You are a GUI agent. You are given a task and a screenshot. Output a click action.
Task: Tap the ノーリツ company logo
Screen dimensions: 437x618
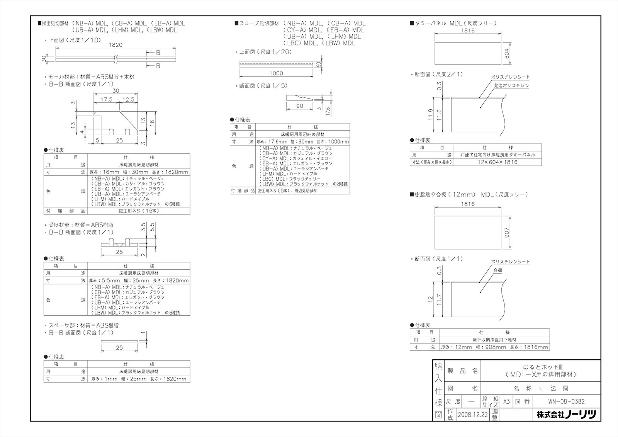click(x=566, y=415)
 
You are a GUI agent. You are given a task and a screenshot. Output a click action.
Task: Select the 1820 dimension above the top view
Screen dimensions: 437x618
click(x=115, y=45)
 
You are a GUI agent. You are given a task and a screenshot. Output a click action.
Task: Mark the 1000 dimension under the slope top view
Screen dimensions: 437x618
click(x=276, y=73)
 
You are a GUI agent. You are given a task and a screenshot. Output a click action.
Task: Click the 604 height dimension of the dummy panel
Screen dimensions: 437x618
click(x=507, y=53)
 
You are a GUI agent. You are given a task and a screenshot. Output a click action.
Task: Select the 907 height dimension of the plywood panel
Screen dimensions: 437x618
click(x=507, y=232)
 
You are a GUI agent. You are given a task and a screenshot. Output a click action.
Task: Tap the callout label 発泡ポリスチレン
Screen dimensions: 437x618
click(x=511, y=85)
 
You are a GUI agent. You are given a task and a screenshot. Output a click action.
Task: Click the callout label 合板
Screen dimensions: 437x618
click(x=497, y=270)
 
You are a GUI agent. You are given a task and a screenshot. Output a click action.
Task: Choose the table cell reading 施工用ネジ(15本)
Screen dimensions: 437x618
click(x=139, y=211)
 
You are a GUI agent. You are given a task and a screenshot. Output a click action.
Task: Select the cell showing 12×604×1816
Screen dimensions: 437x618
click(x=497, y=162)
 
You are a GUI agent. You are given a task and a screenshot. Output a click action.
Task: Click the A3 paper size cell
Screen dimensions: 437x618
click(x=506, y=401)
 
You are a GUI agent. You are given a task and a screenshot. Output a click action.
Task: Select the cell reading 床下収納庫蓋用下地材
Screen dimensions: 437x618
click(x=494, y=340)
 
